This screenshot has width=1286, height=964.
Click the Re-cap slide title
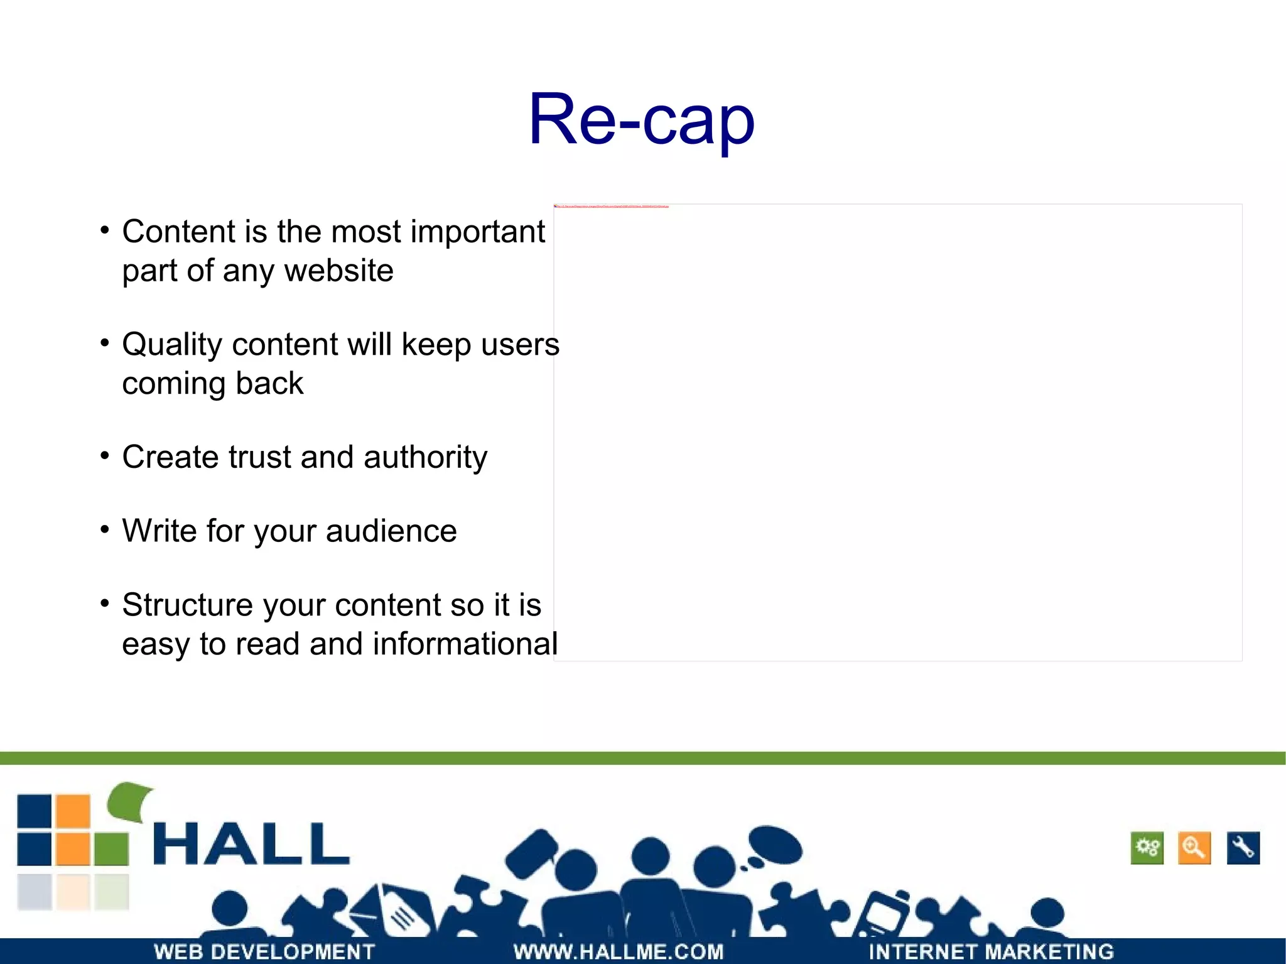click(x=641, y=119)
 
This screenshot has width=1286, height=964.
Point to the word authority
click(x=425, y=457)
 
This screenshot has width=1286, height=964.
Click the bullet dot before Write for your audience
click(x=105, y=529)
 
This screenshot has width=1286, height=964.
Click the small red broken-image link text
click(x=612, y=206)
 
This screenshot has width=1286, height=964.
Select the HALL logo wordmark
click(x=251, y=844)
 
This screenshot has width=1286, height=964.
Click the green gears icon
click(x=1147, y=848)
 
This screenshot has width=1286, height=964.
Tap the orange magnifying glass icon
click(x=1194, y=848)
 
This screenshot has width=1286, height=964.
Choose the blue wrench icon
click(x=1243, y=848)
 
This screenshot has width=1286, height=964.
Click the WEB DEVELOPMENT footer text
click(x=264, y=951)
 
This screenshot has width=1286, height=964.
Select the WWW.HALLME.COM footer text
click(x=619, y=951)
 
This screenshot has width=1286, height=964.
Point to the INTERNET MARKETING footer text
click(x=991, y=951)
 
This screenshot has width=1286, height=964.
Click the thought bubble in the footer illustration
click(x=775, y=845)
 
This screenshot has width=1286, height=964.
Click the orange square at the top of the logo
click(x=73, y=811)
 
